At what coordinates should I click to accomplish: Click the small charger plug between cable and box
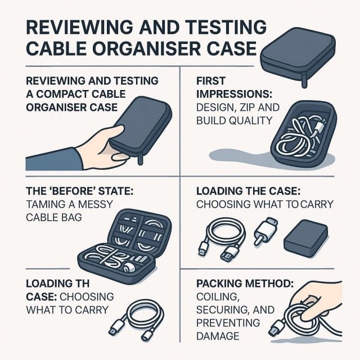point(264,231)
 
